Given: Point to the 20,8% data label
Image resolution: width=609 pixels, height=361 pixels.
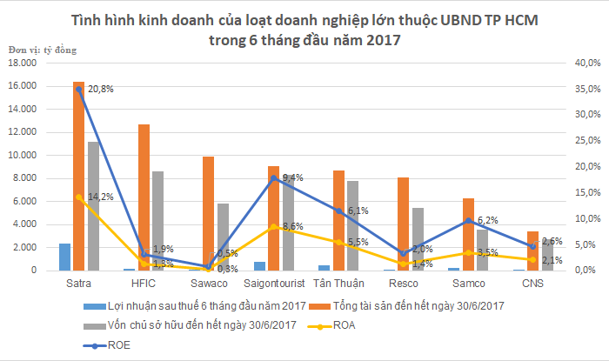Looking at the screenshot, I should (x=101, y=89).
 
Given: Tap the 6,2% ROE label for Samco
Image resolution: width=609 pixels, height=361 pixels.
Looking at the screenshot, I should (x=490, y=221).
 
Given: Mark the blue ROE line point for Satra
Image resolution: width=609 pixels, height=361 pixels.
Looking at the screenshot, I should (x=78, y=89).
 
